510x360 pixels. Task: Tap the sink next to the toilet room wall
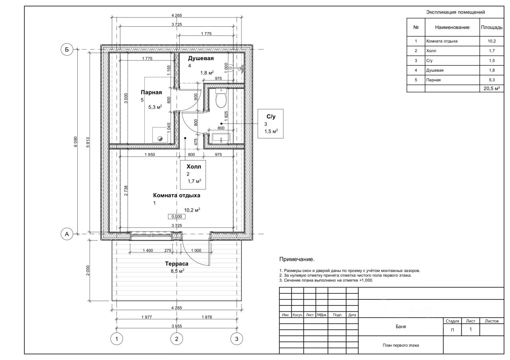coord(221,138)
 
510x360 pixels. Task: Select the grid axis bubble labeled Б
coord(67,49)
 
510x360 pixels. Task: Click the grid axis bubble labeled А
coord(67,234)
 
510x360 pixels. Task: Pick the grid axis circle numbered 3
coord(237,339)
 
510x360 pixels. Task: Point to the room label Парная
coord(151,92)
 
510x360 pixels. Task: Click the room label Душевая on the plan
coord(201,58)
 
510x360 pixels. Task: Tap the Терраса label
coord(177,264)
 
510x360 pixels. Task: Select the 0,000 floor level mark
coord(177,217)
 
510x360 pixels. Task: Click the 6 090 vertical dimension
coord(76,141)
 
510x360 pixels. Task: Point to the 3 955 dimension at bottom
coord(177,326)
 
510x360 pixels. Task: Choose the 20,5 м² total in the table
coord(492,88)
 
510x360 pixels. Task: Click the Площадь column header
coord(492,27)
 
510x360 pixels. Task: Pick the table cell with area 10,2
coord(492,41)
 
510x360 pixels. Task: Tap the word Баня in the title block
coord(401,327)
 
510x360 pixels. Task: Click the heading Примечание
coord(297,259)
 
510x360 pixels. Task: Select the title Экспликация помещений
coord(455,12)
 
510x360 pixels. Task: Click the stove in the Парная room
coord(160,135)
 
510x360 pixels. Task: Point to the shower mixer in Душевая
coord(237,68)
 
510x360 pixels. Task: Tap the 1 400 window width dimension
coord(148,250)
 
